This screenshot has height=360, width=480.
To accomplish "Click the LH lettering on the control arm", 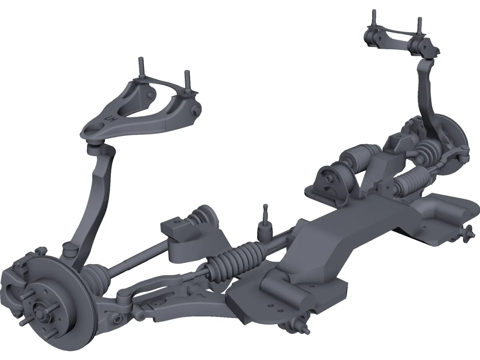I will pos(112,119).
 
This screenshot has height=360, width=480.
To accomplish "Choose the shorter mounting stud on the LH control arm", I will pos(187,79).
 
